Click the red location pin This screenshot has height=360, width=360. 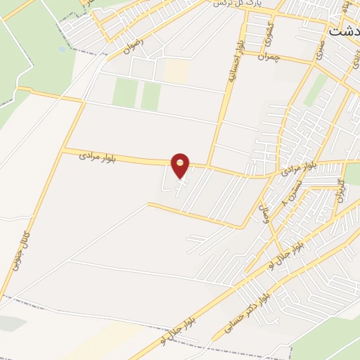coord(181,165)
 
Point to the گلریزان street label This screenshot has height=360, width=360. coord(341,190)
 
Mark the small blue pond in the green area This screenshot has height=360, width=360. coord(63,49)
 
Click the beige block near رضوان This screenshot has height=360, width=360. coord(176,70)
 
